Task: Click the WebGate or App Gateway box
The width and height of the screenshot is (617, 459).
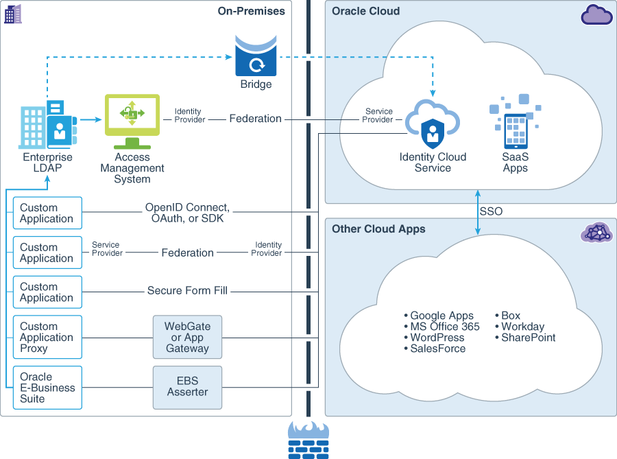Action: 187,337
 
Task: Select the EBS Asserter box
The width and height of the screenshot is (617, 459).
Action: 187,387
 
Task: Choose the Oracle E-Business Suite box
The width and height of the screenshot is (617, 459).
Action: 47,388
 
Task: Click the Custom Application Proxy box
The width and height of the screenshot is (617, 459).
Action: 47,337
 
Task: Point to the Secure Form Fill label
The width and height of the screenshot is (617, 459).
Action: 187,291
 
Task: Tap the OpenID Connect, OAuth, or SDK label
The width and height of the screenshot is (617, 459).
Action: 187,213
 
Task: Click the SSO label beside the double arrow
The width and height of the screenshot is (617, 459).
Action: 491,211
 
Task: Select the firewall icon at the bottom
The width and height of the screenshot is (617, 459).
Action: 308,439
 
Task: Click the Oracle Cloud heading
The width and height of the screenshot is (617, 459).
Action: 365,11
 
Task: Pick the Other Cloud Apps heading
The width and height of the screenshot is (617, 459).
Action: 378,229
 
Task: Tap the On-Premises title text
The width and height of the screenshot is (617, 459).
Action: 251,11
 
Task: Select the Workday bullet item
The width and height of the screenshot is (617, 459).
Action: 522,327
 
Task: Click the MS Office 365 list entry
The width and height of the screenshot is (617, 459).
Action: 444,327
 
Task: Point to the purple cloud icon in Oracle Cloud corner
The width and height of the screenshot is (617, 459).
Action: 596,14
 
